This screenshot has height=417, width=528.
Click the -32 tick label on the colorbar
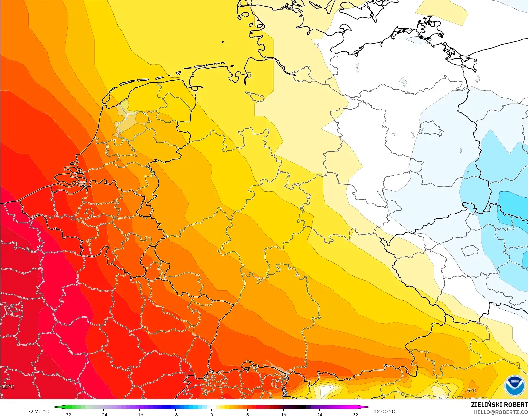[x=67, y=414]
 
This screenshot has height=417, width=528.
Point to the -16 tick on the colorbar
[x=139, y=414]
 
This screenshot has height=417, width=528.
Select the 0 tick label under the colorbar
[x=211, y=414]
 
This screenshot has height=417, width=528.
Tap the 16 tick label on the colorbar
[x=283, y=414]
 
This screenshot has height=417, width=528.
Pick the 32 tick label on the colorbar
[x=356, y=414]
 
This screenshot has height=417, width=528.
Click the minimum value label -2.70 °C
[x=38, y=411]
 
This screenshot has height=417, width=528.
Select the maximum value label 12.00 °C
[x=384, y=411]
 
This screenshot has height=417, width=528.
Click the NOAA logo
[x=514, y=385]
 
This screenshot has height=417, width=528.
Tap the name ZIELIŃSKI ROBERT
[x=499, y=405]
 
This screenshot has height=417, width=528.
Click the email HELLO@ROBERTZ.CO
[x=501, y=412]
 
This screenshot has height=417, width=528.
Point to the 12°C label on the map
[x=8, y=387]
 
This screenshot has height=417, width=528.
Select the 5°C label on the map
[x=472, y=391]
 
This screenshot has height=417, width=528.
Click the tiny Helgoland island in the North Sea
[x=223, y=42]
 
